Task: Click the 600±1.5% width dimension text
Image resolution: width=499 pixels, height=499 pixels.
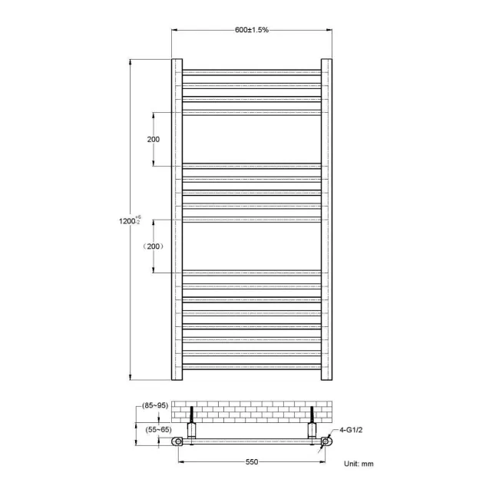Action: (x=252, y=30)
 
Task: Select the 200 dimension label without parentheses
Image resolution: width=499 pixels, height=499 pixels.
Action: (x=153, y=139)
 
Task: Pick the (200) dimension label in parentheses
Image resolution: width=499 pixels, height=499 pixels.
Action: (x=153, y=246)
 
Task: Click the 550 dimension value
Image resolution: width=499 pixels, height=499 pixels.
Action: (x=252, y=461)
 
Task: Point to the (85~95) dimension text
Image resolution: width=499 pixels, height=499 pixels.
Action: (x=155, y=405)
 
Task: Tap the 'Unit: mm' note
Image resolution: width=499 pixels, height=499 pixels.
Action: (x=359, y=464)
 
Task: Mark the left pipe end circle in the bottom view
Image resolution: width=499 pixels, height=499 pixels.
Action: (x=179, y=442)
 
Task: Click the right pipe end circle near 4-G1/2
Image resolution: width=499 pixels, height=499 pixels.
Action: (x=326, y=442)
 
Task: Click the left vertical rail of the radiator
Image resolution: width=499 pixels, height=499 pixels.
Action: (x=177, y=220)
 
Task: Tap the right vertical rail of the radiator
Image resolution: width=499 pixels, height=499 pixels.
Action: (x=326, y=220)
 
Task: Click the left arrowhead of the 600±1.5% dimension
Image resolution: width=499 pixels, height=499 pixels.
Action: (x=173, y=30)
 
